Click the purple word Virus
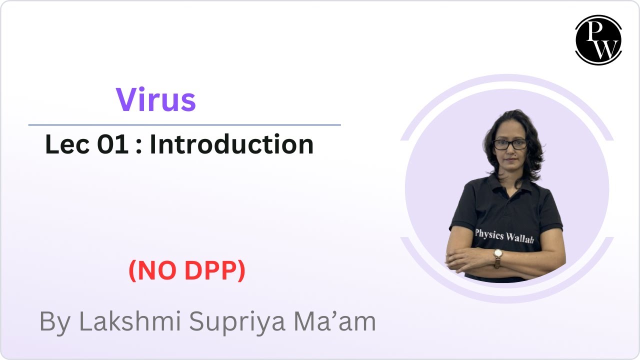(x=155, y=99)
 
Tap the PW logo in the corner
(x=598, y=40)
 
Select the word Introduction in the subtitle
(x=231, y=144)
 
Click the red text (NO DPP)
(x=187, y=270)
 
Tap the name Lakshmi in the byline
(x=131, y=322)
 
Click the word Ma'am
(x=334, y=322)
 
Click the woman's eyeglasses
(x=510, y=144)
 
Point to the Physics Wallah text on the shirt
(x=504, y=235)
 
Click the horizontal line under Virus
(x=184, y=125)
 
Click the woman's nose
(x=511, y=152)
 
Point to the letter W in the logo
(x=605, y=48)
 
